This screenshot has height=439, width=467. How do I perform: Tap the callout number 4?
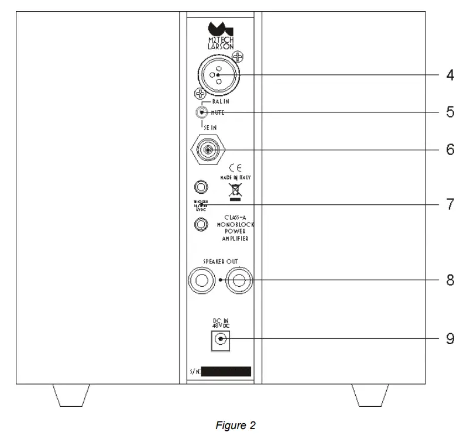(x=449, y=76)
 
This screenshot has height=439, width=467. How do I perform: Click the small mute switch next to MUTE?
(x=202, y=112)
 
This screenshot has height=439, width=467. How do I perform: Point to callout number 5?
(x=449, y=112)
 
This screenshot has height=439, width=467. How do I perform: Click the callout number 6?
(x=449, y=150)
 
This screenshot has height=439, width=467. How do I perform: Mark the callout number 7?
(x=449, y=205)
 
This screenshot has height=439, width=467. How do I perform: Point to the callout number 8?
(x=449, y=281)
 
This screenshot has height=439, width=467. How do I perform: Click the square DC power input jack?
(x=220, y=339)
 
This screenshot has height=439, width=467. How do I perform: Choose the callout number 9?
(x=449, y=339)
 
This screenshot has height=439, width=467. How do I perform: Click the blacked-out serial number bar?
(x=225, y=372)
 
